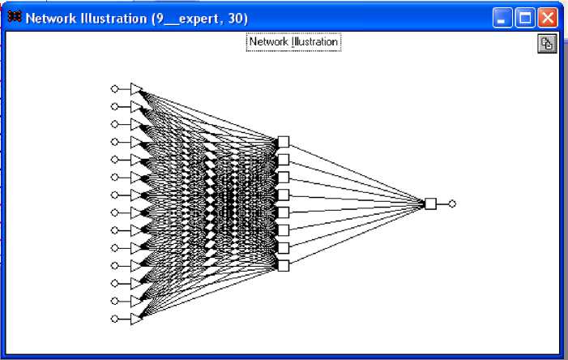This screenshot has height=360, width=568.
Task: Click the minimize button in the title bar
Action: tap(503, 18)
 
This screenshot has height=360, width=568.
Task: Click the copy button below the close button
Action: tap(548, 45)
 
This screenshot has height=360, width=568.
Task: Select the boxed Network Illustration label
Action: tap(293, 41)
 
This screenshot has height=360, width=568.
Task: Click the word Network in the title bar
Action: tap(51, 18)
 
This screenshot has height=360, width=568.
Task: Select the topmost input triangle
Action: tap(136, 88)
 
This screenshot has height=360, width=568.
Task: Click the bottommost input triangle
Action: tap(136, 319)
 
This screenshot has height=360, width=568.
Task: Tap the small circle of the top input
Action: tap(114, 88)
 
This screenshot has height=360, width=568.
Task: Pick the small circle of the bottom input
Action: tap(114, 319)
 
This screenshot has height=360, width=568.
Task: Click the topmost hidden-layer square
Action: tap(283, 142)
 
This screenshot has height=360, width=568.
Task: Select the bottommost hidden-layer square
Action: tap(283, 265)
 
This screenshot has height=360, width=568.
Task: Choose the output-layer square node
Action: tap(430, 204)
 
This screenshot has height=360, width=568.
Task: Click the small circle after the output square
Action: tap(452, 204)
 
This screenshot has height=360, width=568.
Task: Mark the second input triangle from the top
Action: tap(136, 106)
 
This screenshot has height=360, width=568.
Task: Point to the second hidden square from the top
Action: tap(283, 160)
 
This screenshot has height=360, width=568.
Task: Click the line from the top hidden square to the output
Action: tap(357, 173)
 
